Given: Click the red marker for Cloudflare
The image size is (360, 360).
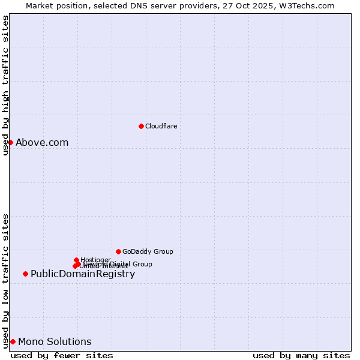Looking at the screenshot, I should [141, 126].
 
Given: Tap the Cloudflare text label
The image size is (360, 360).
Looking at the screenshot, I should [161, 126].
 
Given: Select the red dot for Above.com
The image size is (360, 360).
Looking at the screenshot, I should [10, 142].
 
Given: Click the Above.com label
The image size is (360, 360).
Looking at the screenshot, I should [42, 142].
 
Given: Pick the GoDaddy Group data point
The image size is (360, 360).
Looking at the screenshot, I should [118, 251].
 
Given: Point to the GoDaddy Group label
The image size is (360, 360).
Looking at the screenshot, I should [148, 251].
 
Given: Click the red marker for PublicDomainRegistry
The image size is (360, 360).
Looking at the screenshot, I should [25, 274].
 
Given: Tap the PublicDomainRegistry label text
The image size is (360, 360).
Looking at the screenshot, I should [83, 274].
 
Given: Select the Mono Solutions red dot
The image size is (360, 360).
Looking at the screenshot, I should [13, 341].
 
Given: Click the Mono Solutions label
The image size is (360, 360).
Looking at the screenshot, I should [55, 341].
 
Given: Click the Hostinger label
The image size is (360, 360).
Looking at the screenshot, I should [95, 260].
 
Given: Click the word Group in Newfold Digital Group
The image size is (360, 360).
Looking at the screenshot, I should [142, 263].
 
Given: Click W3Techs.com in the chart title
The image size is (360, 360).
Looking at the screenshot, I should [308, 5].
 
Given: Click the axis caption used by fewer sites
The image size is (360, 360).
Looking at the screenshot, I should [62, 355].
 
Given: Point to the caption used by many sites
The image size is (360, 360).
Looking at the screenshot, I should [301, 355].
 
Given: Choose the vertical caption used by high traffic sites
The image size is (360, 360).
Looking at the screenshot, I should [5, 85].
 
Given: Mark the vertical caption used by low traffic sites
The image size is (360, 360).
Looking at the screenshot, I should [5, 280].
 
